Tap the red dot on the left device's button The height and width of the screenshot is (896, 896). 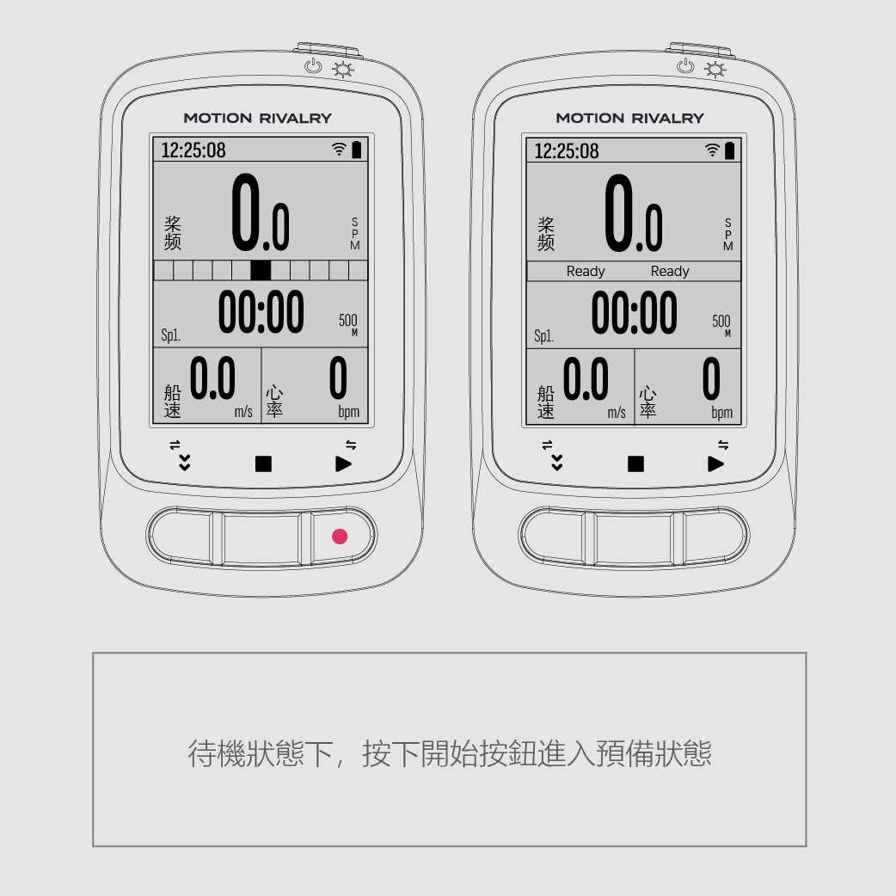click(340, 536)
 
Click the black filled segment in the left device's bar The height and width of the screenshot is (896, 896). click(260, 270)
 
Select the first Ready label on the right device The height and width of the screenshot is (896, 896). click(585, 272)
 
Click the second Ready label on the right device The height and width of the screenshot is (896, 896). click(670, 272)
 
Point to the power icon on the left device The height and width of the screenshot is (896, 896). click(313, 66)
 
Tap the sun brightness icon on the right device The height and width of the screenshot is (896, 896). click(715, 70)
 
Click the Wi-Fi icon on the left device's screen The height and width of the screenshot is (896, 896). click(339, 149)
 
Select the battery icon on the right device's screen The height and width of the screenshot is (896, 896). click(729, 150)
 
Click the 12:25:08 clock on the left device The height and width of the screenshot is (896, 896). click(193, 150)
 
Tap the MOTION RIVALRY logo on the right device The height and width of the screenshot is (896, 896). click(629, 119)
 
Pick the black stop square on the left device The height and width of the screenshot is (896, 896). click(263, 463)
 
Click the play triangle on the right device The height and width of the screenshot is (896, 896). click(715, 463)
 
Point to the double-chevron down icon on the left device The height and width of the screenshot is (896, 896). click(184, 463)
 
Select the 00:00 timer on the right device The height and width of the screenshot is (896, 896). click(634, 312)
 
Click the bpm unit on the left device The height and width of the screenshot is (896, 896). click(348, 411)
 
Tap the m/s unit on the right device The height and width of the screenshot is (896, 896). click(617, 412)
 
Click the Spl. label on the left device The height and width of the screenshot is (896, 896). click(171, 334)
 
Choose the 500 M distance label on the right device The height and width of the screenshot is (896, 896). click(721, 324)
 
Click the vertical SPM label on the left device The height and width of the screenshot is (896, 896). click(355, 233)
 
